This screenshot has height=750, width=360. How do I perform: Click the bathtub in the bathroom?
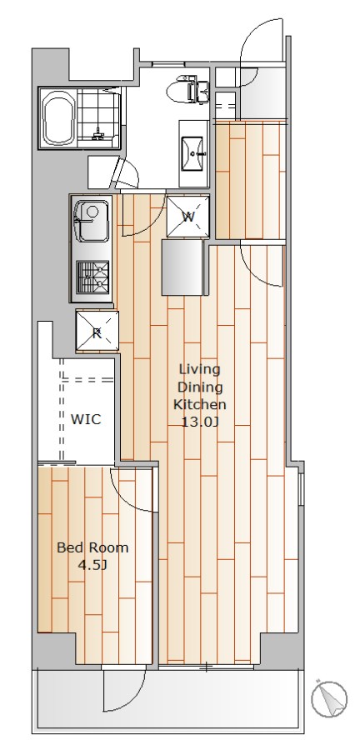(x=59, y=118)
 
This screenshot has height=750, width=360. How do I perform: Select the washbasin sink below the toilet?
(x=192, y=153)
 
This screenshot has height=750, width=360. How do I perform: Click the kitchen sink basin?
(x=92, y=222)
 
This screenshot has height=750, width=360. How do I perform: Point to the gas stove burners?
(x=92, y=277)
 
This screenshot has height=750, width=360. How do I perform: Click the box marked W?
(x=187, y=216)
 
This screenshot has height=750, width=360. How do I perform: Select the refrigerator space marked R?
(x=97, y=331)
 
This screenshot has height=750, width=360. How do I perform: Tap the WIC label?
(x=86, y=419)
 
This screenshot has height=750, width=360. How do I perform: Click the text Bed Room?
(x=92, y=547)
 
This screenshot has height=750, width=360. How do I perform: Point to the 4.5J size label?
(x=92, y=565)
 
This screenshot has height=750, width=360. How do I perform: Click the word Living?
(x=199, y=370)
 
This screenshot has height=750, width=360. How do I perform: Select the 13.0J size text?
(x=199, y=422)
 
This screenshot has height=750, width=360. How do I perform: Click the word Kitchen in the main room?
(x=199, y=404)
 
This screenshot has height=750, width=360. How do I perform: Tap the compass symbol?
(x=329, y=699)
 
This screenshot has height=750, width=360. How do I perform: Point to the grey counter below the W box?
(x=182, y=267)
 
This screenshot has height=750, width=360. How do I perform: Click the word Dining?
(x=199, y=387)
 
